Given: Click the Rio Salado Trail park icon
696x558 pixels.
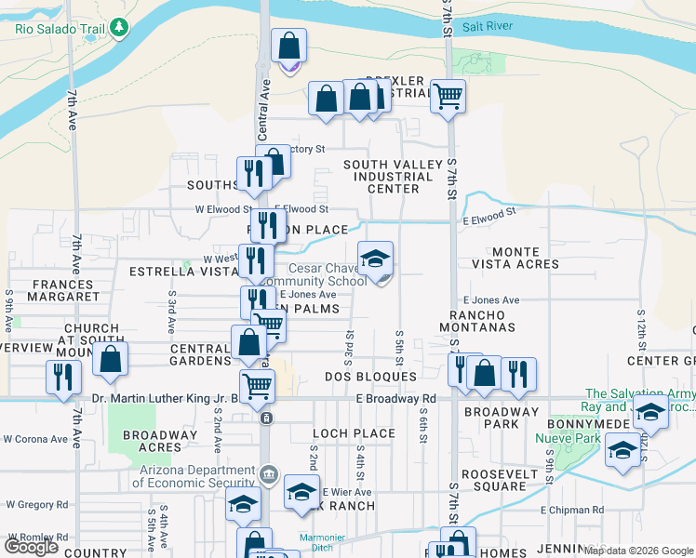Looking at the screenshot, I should tap(118, 28).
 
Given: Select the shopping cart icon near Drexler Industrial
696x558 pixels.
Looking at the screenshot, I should tap(448, 95).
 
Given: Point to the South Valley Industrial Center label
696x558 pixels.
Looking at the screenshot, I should tap(394, 177).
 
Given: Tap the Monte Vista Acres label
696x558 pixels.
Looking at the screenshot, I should tap(526, 258).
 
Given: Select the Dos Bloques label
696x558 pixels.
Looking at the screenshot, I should tap(370, 377).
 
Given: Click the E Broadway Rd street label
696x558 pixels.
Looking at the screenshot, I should tap(395, 399).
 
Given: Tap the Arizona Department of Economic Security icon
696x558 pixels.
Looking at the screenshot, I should tap(269, 475).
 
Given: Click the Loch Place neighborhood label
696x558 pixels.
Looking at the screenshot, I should tap(354, 433).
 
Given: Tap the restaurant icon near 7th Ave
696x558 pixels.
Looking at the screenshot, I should tap(63, 376).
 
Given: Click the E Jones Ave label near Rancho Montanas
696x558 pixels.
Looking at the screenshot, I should tap(490, 300).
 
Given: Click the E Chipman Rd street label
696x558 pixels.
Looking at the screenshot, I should tap(571, 511).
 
